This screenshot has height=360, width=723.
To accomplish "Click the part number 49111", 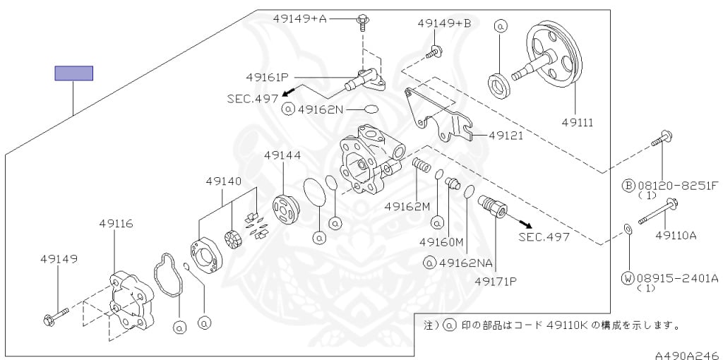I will tap(577, 122).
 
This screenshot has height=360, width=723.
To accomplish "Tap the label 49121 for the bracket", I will tap(506, 135).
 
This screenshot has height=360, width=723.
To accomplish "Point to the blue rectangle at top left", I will tap(74, 73).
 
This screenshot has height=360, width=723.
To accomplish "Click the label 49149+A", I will tap(299, 19).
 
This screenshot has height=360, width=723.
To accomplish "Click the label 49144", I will tap(282, 155).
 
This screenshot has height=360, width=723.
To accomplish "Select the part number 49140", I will tap(224, 181).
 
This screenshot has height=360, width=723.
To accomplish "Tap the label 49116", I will tap(116, 224).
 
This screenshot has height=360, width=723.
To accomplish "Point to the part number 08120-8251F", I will tap(676, 185).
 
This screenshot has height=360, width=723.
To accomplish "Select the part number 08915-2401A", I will tap(676, 277).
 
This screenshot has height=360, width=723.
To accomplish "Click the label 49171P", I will tap(496, 281).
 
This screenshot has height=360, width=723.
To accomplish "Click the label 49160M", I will tap(441, 242).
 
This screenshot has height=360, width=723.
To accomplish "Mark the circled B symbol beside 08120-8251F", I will tap(628, 185).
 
